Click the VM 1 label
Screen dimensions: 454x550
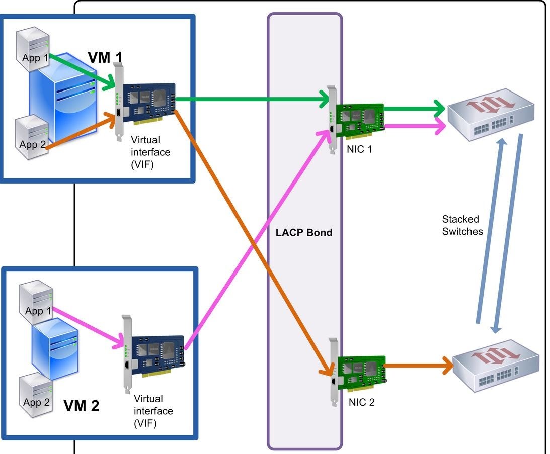(x=105, y=58)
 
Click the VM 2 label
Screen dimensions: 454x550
(x=82, y=406)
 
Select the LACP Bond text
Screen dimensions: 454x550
(x=304, y=233)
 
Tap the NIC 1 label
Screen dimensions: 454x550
(x=358, y=149)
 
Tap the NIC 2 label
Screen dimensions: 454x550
(x=361, y=402)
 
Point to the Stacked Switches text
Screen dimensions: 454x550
(x=462, y=225)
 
